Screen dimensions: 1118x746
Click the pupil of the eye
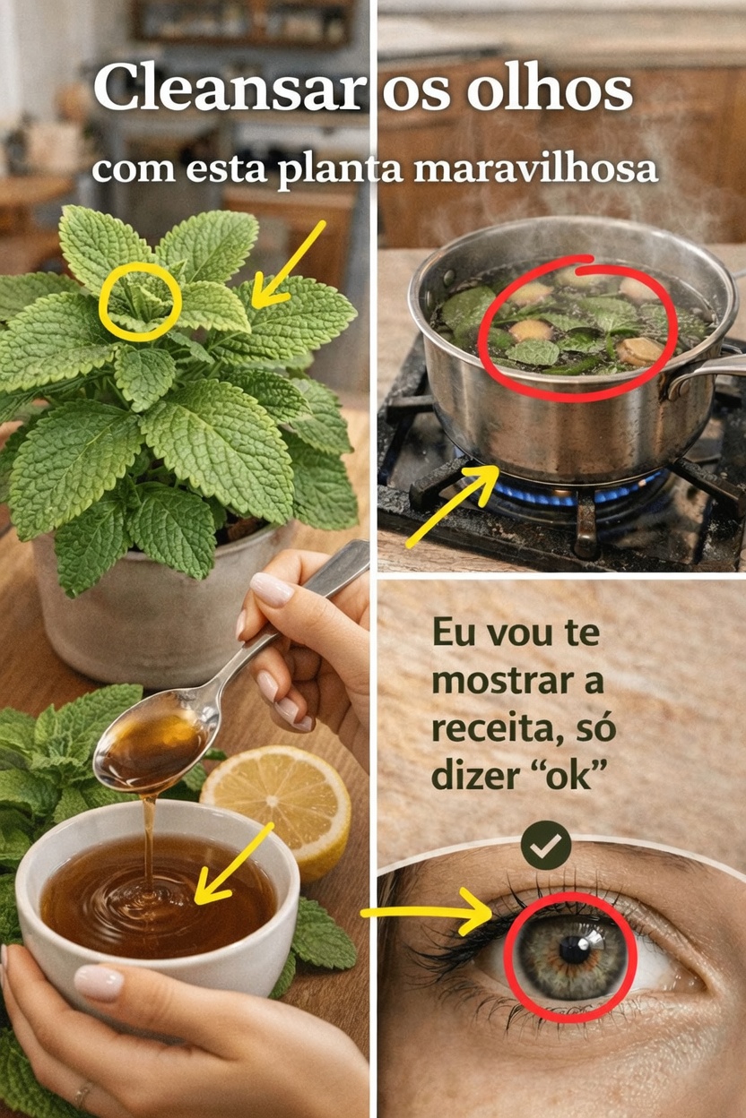[574, 950]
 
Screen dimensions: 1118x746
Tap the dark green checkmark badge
[546, 844]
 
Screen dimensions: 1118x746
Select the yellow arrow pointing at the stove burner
[453, 506]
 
